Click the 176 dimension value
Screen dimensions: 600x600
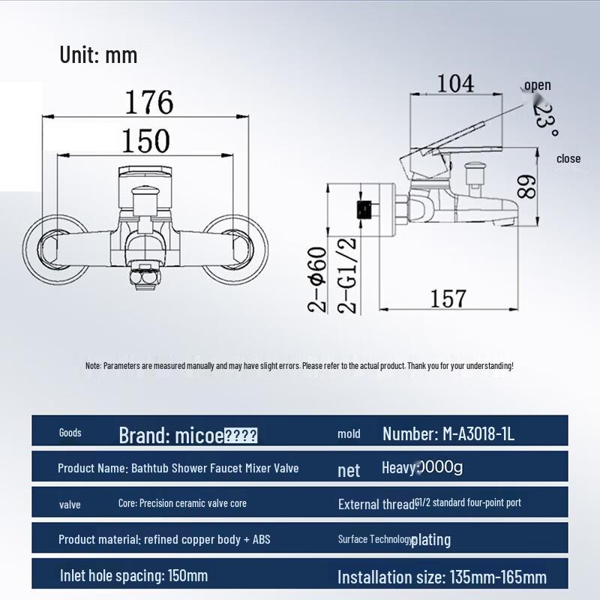pos(148,102)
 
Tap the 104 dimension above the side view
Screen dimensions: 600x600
pos(456,83)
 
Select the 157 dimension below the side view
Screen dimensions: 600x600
pos(448,298)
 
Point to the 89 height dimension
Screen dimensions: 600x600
pos(529,187)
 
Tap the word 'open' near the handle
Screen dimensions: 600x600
pos(537,85)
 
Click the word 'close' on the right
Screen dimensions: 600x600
pos(568,158)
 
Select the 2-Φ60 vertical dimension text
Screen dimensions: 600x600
pos(318,279)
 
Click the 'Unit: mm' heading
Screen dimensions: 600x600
pos(98,55)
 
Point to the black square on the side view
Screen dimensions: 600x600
pos(364,208)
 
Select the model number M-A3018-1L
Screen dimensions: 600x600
pos(448,433)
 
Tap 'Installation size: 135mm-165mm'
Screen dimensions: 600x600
pos(442,577)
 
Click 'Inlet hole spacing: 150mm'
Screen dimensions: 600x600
pos(133,575)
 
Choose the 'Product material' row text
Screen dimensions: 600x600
pos(164,539)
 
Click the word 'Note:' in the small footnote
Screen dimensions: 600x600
pos(93,366)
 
